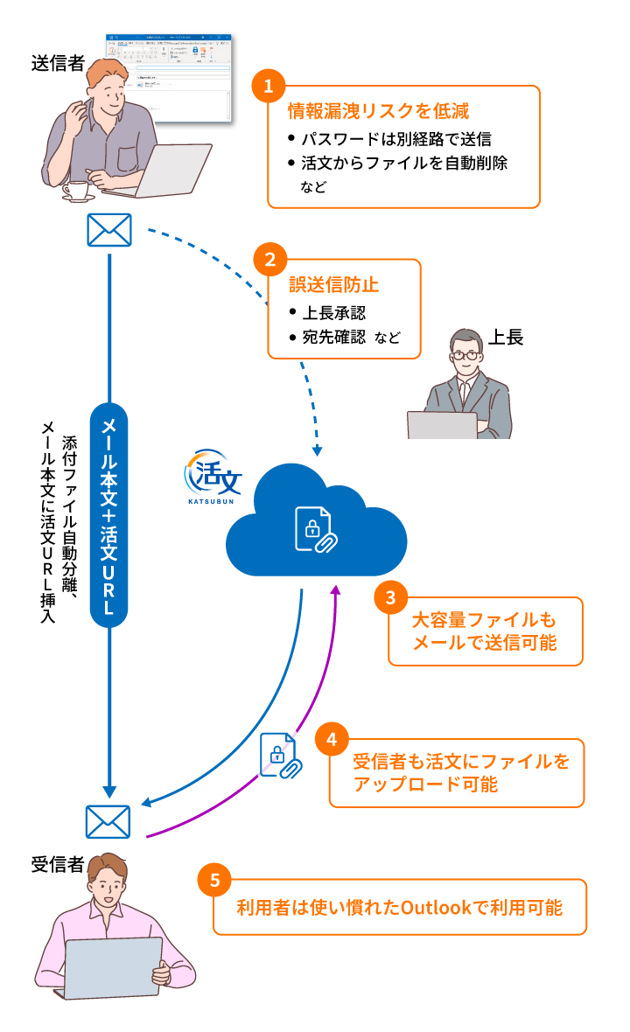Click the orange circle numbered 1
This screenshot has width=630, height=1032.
click(x=269, y=86)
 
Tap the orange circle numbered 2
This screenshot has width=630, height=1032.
click(x=269, y=260)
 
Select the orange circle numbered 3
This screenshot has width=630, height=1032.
click(x=390, y=597)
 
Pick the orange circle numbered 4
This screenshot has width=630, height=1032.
click(x=331, y=740)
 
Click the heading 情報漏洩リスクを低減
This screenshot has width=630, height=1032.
click(x=378, y=111)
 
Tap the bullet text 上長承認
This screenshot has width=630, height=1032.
click(x=333, y=313)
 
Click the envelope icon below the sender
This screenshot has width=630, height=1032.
click(x=109, y=230)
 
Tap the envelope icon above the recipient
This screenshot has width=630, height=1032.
click(x=108, y=822)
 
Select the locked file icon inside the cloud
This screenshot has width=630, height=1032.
click(x=315, y=529)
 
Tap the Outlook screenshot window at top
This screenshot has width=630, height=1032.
click(x=168, y=78)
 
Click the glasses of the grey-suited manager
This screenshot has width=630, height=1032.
click(x=466, y=356)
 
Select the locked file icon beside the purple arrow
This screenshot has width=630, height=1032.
click(x=280, y=756)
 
